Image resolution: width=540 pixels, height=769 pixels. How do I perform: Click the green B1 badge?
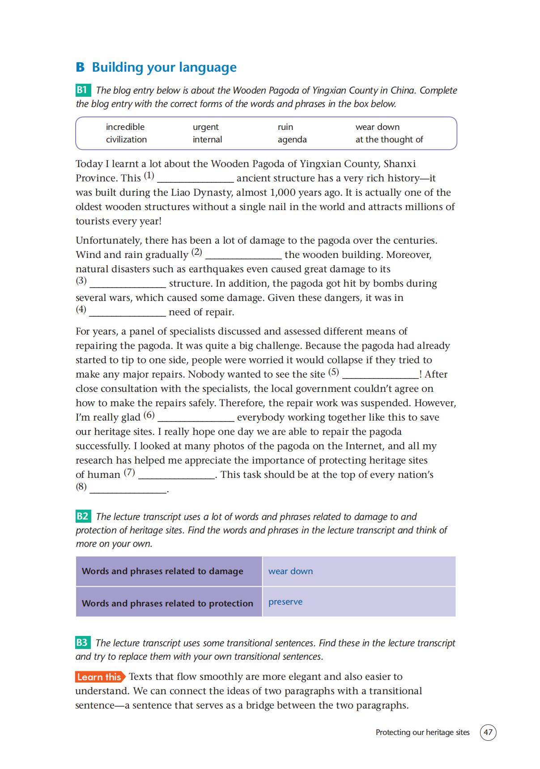click(x=83, y=90)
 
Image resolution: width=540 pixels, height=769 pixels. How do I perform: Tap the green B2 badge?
click(x=83, y=516)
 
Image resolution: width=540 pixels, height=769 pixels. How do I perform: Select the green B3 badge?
click(x=83, y=643)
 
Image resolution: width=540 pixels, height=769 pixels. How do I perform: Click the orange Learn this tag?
click(x=99, y=677)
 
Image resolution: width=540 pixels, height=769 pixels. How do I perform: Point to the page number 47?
click(x=488, y=732)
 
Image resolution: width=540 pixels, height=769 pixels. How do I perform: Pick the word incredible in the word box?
click(x=125, y=127)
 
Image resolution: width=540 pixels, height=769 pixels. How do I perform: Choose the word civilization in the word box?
click(x=126, y=139)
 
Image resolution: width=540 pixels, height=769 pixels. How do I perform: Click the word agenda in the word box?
click(x=292, y=139)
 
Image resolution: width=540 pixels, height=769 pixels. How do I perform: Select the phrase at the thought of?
click(x=389, y=139)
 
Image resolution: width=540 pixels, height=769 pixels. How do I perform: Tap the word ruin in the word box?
click(x=285, y=127)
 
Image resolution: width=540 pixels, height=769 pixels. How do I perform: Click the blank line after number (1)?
click(x=196, y=180)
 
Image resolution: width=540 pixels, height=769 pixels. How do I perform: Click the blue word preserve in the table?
click(x=285, y=601)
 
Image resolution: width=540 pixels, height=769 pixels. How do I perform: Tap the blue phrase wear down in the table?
click(x=290, y=571)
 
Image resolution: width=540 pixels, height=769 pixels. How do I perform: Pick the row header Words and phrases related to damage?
click(x=162, y=571)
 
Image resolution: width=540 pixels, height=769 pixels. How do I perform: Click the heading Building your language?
click(x=164, y=67)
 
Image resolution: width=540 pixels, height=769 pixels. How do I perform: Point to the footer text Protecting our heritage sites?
click(x=422, y=732)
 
